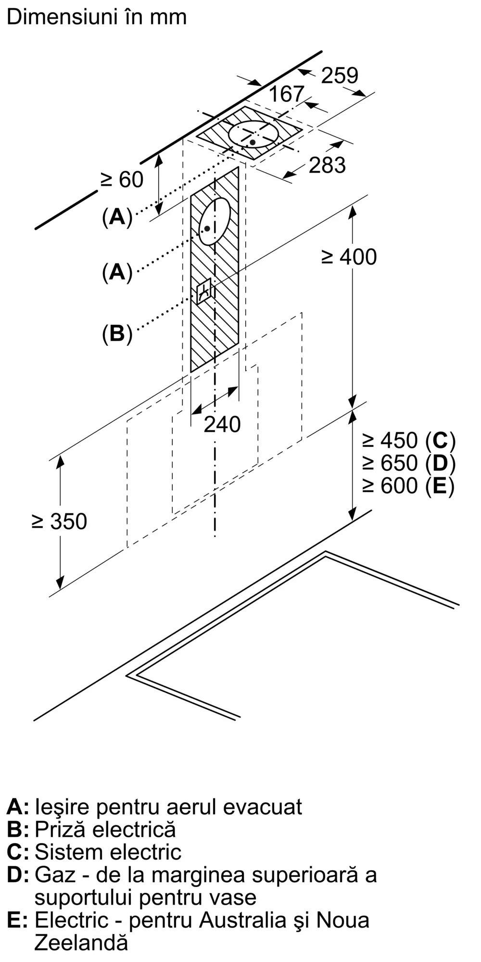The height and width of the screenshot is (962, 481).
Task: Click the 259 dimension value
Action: (340, 76)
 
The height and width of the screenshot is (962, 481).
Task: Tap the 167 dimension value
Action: (286, 94)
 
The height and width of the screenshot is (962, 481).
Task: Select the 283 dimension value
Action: (327, 165)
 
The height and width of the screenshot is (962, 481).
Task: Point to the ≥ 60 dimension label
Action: (122, 179)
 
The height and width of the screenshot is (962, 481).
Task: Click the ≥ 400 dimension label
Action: (349, 257)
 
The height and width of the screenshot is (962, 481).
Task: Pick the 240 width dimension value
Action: (222, 424)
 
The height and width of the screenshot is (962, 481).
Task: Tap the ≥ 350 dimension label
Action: (59, 521)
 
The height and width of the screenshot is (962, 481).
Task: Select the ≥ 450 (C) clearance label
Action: (408, 440)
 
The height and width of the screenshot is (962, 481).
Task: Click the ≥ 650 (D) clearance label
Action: (408, 463)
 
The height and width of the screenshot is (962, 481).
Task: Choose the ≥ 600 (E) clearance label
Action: (408, 485)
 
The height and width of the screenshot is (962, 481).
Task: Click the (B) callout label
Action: (117, 333)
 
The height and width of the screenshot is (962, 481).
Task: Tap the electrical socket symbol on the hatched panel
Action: (204, 291)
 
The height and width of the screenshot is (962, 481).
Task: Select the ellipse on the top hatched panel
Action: (253, 134)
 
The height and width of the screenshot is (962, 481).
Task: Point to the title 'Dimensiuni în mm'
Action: (96, 17)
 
